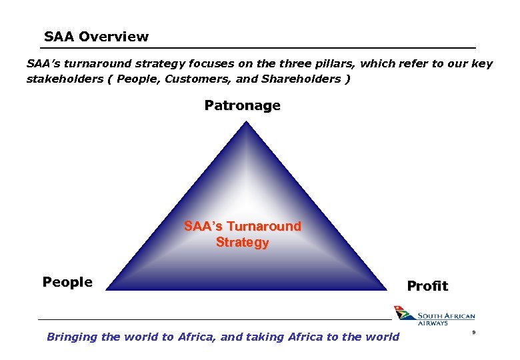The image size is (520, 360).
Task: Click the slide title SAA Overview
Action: click(96, 37)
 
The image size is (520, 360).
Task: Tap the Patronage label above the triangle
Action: click(242, 105)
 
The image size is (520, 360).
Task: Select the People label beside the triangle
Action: click(67, 282)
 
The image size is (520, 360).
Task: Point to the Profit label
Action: click(427, 286)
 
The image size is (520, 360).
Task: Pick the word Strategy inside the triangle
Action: click(242, 242)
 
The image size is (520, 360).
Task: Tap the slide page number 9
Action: click(473, 331)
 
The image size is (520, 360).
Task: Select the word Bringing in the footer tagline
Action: click(72, 337)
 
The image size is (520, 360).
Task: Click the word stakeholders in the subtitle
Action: click(64, 79)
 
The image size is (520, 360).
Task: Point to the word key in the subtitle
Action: click(482, 64)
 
